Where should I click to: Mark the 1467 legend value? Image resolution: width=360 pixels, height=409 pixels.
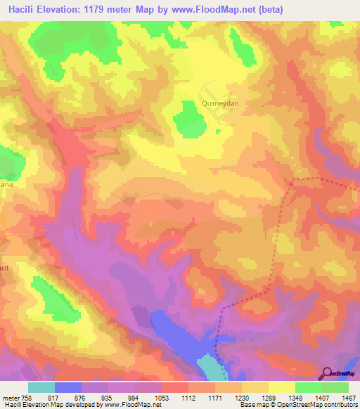349,398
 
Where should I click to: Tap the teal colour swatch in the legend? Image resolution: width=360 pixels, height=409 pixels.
41,387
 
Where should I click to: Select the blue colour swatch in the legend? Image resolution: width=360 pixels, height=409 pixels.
68,387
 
